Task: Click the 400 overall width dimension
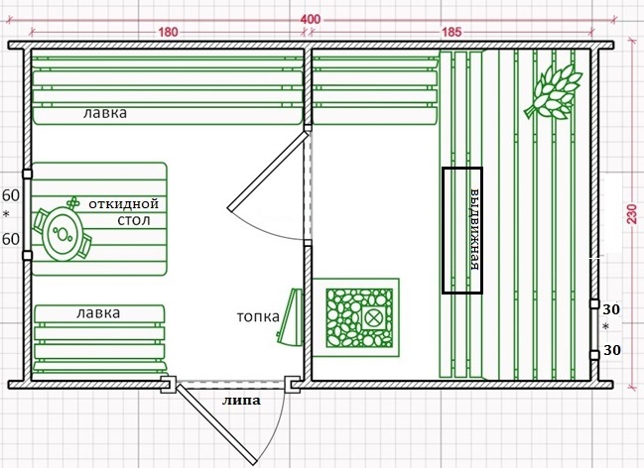pyautogui.click(x=311, y=19)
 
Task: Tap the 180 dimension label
pyautogui.click(x=168, y=32)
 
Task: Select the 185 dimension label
pyautogui.click(x=451, y=32)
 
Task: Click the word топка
pyautogui.click(x=258, y=316)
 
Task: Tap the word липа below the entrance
pyautogui.click(x=241, y=401)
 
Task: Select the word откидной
pyautogui.click(x=124, y=203)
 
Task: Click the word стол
pyautogui.click(x=134, y=220)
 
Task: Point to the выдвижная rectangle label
pyautogui.click(x=474, y=230)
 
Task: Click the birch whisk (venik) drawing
pyautogui.click(x=554, y=92)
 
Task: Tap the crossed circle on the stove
pyautogui.click(x=373, y=318)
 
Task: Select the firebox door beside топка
pyautogui.click(x=291, y=316)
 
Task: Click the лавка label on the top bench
pyautogui.click(x=105, y=113)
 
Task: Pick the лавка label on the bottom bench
pyautogui.click(x=98, y=313)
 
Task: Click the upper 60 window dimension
pyautogui.click(x=11, y=196)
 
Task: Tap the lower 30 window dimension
pyautogui.click(x=611, y=350)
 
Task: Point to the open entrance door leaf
pyautogui.click(x=217, y=424)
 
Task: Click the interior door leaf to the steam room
pyautogui.click(x=268, y=171)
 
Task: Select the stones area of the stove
pyautogui.click(x=359, y=317)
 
